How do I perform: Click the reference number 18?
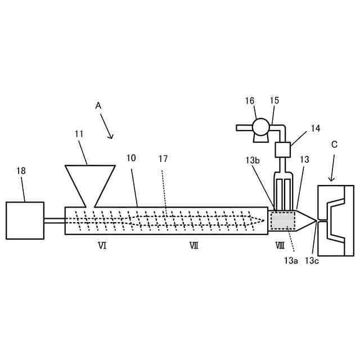point(21,171)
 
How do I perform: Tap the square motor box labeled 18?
point(25,220)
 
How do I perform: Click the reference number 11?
point(79,134)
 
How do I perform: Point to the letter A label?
point(98,105)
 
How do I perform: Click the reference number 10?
point(130,159)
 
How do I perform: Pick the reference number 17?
point(163,159)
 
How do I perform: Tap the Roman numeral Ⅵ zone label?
point(102,245)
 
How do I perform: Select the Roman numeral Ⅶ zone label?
point(193,245)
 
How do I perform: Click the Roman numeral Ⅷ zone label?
point(280,245)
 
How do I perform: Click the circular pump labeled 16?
point(262,127)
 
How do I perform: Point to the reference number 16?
point(250,101)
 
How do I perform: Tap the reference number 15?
point(274,101)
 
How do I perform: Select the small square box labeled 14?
point(282,150)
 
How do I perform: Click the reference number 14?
point(315,128)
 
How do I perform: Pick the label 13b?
point(252,160)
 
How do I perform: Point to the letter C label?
point(334,145)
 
